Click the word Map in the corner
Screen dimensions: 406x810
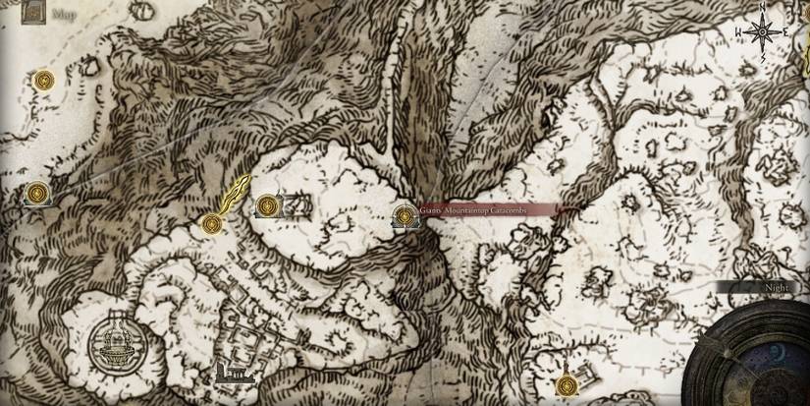[65, 15]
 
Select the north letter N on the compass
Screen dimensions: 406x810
[762, 9]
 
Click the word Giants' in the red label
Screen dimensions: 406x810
[429, 209]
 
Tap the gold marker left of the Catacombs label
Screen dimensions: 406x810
[404, 216]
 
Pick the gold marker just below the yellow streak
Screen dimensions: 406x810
[209, 225]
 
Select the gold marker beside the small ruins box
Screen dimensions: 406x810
[267, 206]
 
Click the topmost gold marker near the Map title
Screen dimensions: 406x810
[43, 81]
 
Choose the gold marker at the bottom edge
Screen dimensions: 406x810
[564, 385]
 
